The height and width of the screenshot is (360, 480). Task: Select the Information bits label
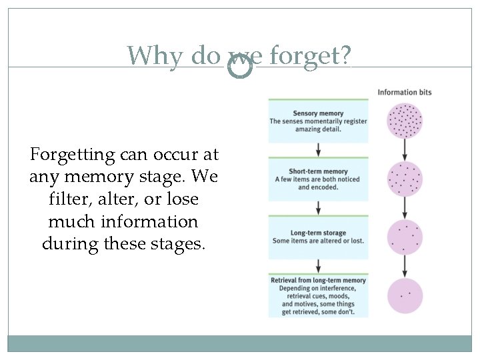pos(405,92)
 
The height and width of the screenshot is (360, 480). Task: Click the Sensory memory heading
pos(318,113)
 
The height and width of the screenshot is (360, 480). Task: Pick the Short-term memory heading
pos(318,171)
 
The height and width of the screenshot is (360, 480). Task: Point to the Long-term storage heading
pos(318,233)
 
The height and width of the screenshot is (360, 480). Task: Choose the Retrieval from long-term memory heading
pos(318,281)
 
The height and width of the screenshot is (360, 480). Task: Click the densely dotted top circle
pos(405,121)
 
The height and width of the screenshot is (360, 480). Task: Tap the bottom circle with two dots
pos(405,295)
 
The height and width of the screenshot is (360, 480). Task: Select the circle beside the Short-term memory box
pos(405,179)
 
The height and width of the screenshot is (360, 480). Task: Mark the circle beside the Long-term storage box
pos(405,237)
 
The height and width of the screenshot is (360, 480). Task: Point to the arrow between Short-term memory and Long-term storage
pos(318,208)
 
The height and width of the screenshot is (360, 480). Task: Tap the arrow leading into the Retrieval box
pos(318,265)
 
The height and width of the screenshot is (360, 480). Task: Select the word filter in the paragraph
pos(67,199)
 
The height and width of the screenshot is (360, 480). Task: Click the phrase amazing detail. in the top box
pos(318,129)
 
